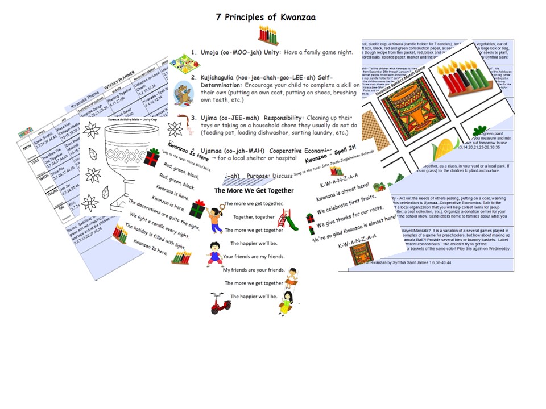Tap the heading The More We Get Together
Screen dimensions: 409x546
(254, 191)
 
